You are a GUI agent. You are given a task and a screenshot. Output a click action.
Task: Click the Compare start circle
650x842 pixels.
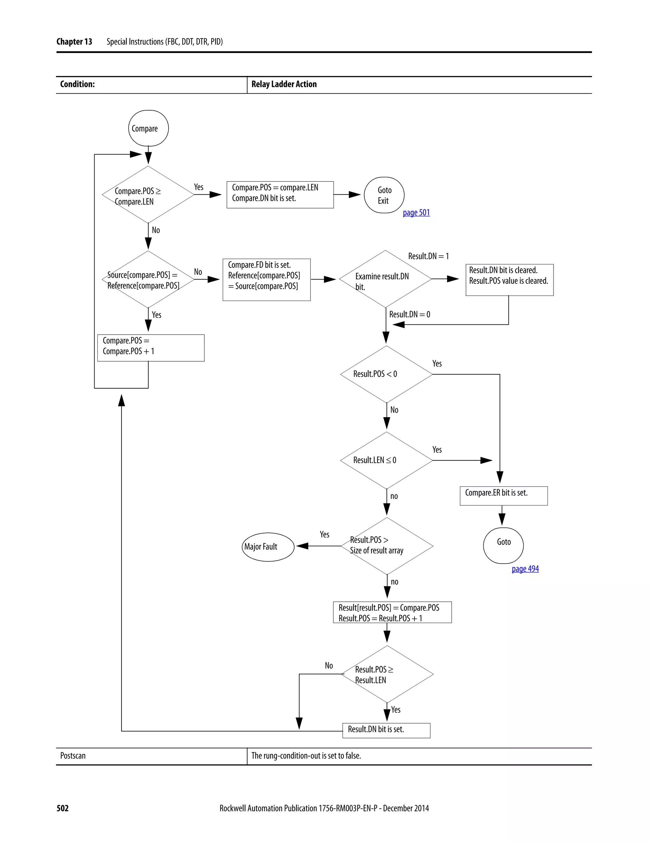coord(148,128)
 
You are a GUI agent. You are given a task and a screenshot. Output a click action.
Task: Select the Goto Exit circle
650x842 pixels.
coord(384,195)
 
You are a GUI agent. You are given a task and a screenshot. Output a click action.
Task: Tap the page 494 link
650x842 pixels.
coord(525,569)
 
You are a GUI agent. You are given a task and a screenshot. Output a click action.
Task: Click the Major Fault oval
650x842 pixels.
coord(268,547)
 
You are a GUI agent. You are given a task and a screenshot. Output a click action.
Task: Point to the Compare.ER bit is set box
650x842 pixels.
coord(503,495)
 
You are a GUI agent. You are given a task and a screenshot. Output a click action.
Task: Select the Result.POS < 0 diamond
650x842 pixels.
coord(386,374)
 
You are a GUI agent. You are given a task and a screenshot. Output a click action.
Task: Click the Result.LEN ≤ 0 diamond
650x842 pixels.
coord(386,460)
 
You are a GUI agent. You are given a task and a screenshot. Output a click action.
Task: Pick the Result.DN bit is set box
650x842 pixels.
coord(386,730)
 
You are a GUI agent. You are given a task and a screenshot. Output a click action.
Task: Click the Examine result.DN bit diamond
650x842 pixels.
coord(385,279)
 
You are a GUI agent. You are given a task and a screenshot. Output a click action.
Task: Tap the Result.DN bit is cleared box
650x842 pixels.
coord(509,280)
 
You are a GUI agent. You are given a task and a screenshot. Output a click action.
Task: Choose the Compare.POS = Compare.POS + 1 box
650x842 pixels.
coord(150,347)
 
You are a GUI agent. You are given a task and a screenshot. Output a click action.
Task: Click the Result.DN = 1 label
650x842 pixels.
coord(428,256)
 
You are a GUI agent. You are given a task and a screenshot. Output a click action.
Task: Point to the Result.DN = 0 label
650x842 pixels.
coord(409,314)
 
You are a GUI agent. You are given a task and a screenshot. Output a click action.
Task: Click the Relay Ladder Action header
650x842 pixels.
coord(284,84)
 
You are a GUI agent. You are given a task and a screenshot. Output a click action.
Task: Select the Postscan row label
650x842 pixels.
coord(73,755)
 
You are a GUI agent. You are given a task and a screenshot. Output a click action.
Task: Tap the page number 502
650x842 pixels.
coord(63,808)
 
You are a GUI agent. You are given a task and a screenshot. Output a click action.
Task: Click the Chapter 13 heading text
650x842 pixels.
coord(74,42)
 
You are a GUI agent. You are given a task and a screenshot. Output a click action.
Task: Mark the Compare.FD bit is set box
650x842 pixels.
coord(267,280)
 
